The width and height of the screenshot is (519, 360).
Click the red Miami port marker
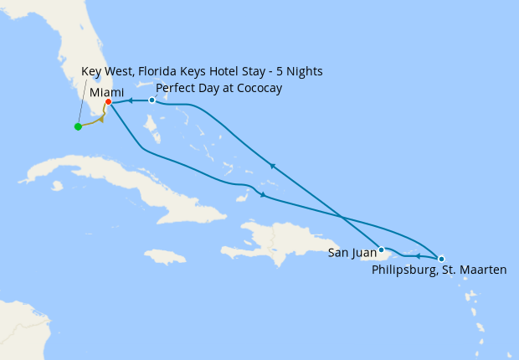[108, 102]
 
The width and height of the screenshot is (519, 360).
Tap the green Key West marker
[78, 126]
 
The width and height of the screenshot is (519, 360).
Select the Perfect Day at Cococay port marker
[152, 100]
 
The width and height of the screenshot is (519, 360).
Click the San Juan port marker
[381, 249]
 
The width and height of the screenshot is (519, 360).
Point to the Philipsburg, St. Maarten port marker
[441, 259]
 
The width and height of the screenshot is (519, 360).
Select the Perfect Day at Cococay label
[218, 88]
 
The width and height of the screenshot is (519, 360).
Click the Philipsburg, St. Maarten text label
[439, 270]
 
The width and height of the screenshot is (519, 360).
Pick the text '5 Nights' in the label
[299, 71]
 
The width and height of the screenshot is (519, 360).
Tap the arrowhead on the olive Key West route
[100, 119]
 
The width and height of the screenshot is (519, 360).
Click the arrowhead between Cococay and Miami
[131, 100]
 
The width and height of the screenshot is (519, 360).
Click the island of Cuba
[109, 181]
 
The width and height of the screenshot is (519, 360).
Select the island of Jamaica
[164, 256]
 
